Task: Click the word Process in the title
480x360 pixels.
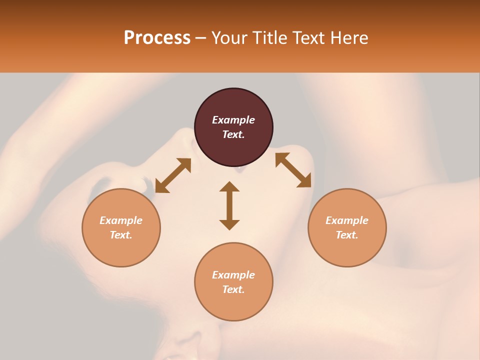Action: [x=157, y=38]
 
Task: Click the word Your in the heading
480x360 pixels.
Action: [x=229, y=38]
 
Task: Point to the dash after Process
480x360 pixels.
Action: [x=200, y=38]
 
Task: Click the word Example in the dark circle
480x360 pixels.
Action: [x=233, y=120]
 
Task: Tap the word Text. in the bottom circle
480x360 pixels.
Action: [x=233, y=289]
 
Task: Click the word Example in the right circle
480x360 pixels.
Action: [x=347, y=220]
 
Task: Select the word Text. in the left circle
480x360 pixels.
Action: [x=121, y=235]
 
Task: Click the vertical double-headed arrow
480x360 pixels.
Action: [x=229, y=205]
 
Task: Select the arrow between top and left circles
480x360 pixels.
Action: [x=173, y=175]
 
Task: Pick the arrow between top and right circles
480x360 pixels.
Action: [x=293, y=170]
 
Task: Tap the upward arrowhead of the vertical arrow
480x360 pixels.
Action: [x=229, y=186]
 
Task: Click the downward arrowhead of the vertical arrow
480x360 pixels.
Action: [x=229, y=224]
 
